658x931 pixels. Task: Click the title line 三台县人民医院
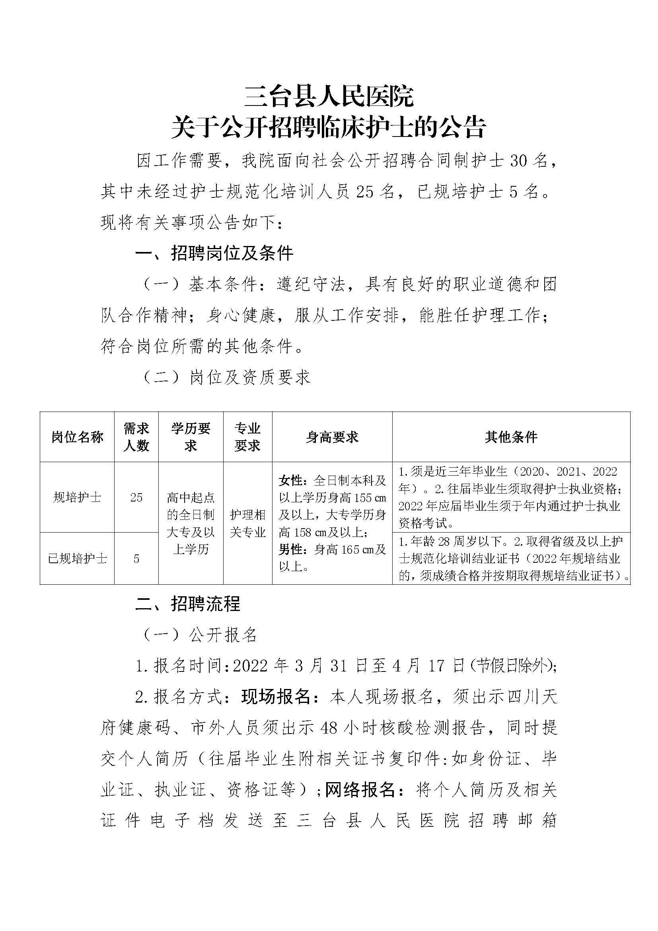click(329, 96)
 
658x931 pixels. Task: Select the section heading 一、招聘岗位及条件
click(214, 254)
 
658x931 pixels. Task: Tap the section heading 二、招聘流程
click(188, 604)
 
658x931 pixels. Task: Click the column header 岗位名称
click(77, 437)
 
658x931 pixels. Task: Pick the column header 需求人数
click(136, 437)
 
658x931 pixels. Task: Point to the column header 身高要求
click(332, 437)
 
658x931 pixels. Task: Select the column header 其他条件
click(511, 437)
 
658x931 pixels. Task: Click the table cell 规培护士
click(77, 497)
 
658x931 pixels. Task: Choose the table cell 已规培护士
click(77, 559)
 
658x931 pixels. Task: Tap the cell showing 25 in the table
click(136, 497)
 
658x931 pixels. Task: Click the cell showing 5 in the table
click(136, 559)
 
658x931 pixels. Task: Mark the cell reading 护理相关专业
click(247, 523)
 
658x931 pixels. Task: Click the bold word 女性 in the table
click(290, 480)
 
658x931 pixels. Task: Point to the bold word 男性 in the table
click(290, 549)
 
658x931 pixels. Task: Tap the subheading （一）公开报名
click(200, 635)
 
